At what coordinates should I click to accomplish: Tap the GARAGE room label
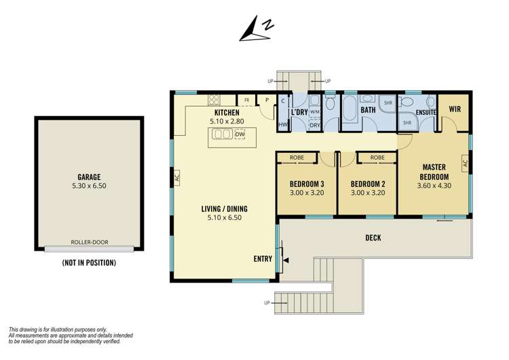tap(89, 177)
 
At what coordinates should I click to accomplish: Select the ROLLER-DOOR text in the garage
tap(90, 242)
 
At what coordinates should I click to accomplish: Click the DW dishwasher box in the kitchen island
tap(240, 134)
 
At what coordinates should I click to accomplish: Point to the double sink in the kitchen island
tap(223, 134)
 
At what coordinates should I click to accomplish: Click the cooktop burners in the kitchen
tap(214, 100)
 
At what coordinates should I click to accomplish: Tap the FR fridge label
tap(247, 101)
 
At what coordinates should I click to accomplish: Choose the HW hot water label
tap(283, 124)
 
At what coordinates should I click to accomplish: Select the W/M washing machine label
tap(315, 112)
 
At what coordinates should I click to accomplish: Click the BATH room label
tap(368, 110)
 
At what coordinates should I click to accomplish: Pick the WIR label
tap(455, 109)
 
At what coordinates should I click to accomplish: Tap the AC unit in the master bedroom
tap(465, 163)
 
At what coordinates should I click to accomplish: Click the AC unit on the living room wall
tap(177, 178)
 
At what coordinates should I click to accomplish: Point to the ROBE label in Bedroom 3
tap(297, 158)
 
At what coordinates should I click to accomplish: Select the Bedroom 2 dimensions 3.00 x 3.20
tap(368, 193)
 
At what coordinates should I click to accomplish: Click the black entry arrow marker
tap(286, 260)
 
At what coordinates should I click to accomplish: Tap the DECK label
tap(373, 238)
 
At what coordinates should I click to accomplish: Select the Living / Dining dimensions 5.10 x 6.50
tap(225, 217)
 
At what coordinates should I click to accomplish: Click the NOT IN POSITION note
tap(89, 262)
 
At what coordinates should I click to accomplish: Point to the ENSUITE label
tap(426, 113)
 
